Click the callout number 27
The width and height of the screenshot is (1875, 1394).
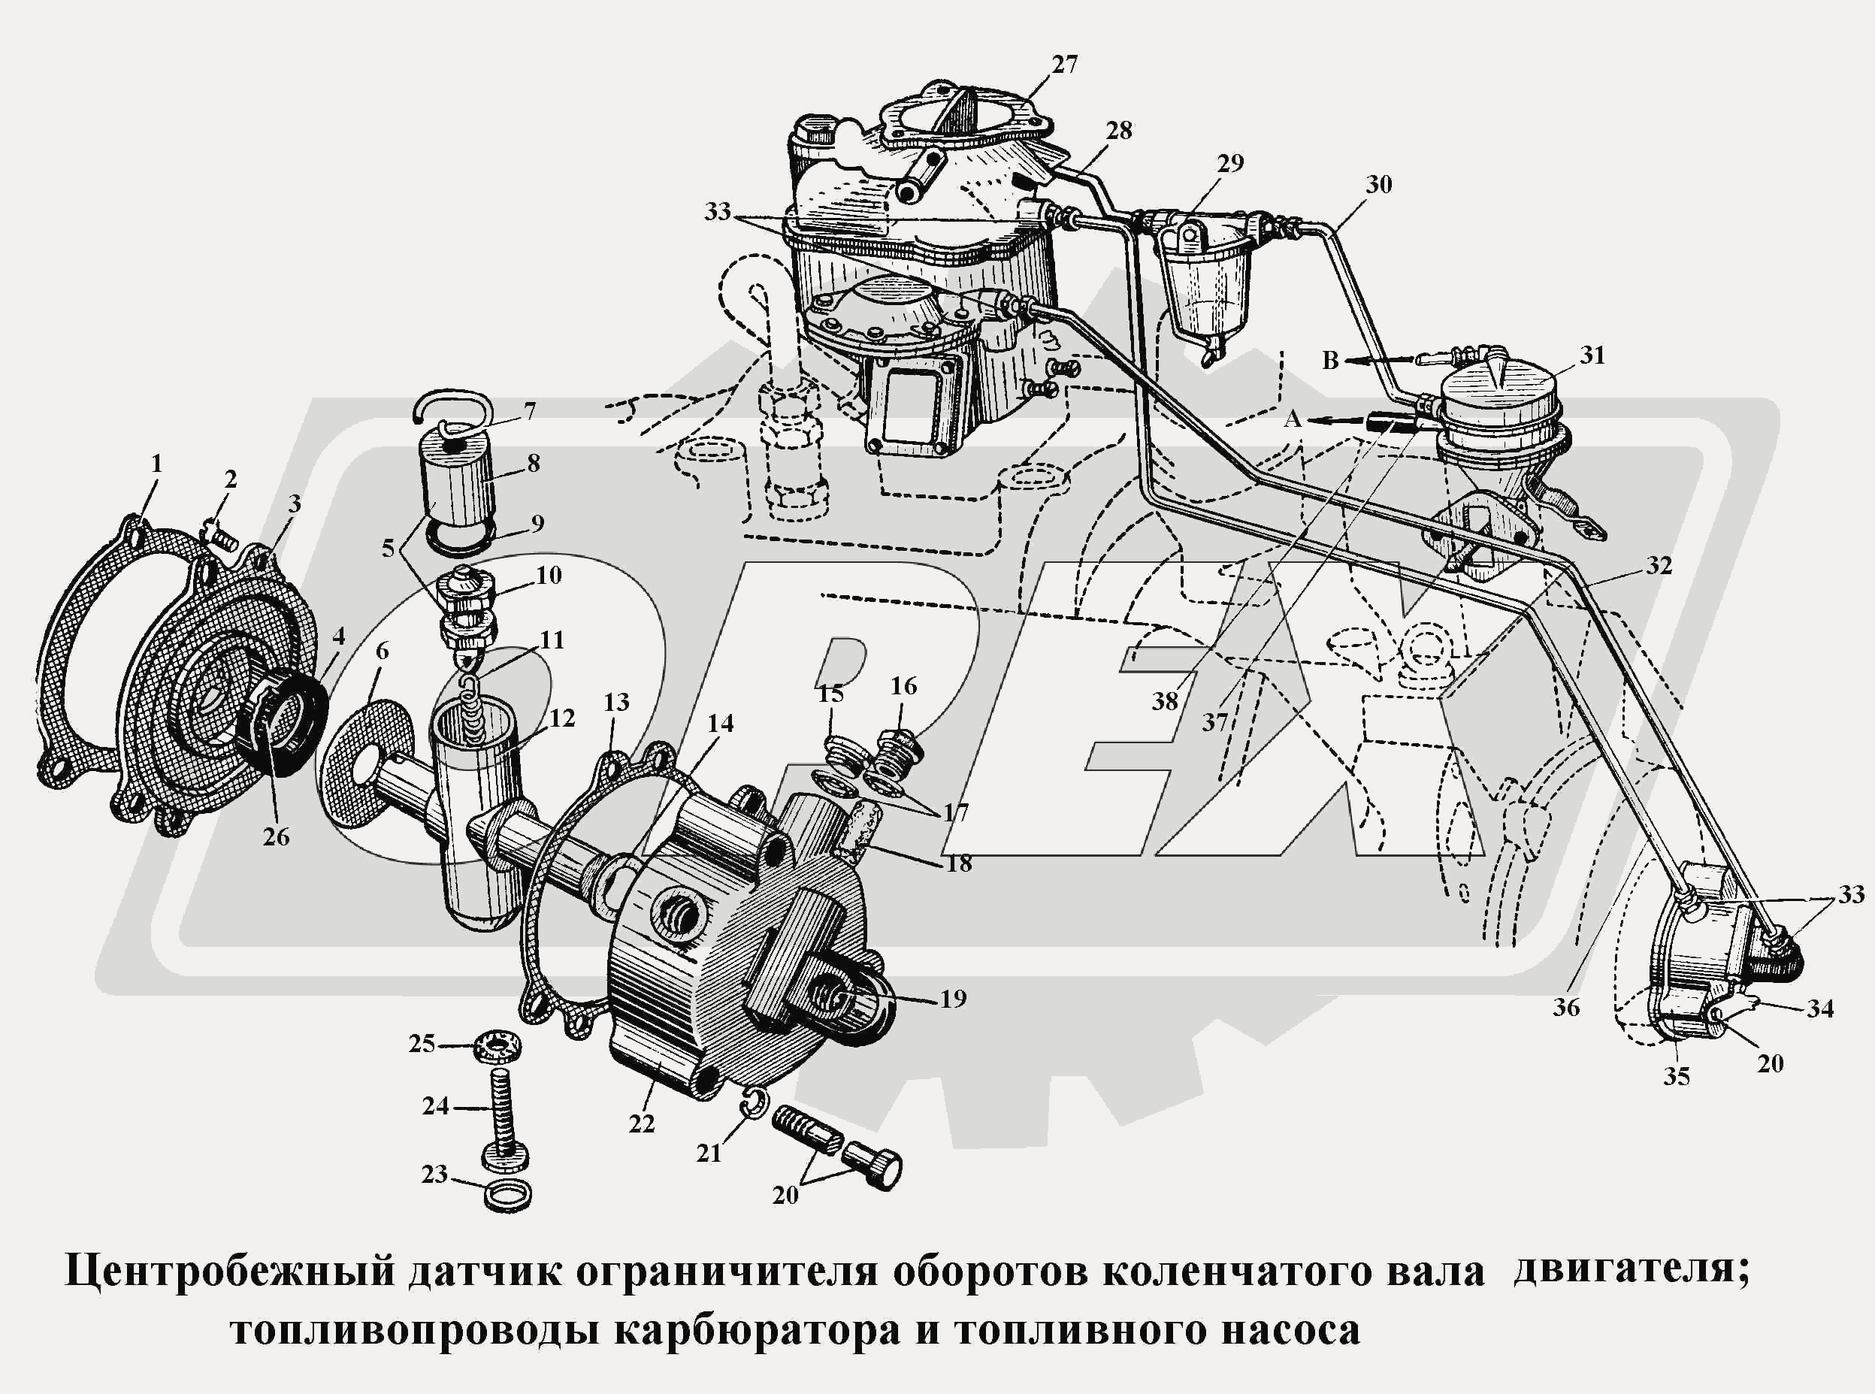[1065, 64]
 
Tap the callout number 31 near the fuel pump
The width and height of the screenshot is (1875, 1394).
[1592, 356]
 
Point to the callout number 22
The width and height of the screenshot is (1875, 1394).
[641, 1124]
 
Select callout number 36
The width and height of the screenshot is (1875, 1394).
[1566, 1007]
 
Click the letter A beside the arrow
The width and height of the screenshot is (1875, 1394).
[1293, 419]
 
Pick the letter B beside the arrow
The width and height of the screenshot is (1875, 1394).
[1330, 361]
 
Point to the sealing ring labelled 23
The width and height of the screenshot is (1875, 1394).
[510, 1195]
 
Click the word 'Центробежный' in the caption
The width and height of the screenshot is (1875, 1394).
[229, 1272]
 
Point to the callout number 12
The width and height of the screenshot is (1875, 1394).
[562, 718]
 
